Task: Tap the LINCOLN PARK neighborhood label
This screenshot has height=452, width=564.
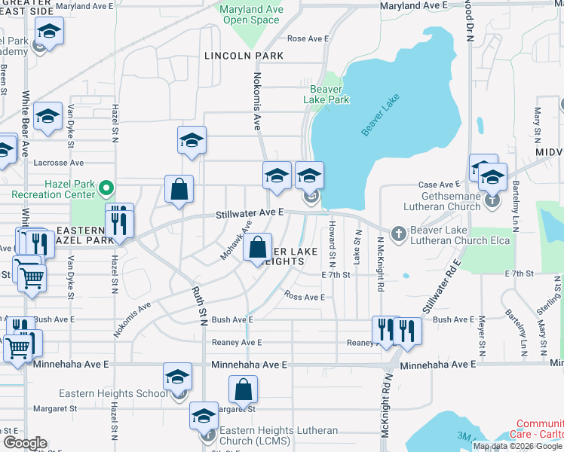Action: (x=244, y=56)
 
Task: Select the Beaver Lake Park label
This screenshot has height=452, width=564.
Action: (x=326, y=94)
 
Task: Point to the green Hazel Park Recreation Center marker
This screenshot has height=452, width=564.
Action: (x=107, y=187)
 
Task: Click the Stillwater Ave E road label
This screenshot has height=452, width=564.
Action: (x=249, y=213)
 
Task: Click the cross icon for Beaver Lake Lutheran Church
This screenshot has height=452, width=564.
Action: (x=398, y=234)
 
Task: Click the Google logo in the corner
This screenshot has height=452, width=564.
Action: (x=25, y=443)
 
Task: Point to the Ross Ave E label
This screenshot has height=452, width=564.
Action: (x=305, y=297)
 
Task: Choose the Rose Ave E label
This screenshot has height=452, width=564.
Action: (x=308, y=38)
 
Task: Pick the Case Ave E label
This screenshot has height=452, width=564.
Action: (x=439, y=185)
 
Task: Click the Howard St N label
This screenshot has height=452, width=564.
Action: (x=332, y=244)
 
